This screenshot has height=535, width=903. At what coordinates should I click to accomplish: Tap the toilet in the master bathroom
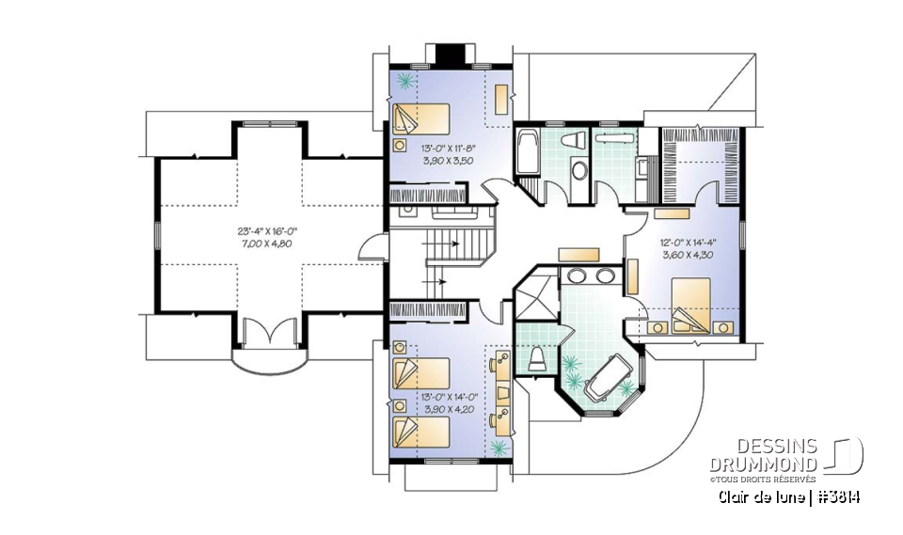537,358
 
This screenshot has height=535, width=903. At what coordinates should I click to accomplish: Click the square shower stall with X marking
533,299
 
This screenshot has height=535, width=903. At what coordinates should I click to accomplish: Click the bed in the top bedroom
421,120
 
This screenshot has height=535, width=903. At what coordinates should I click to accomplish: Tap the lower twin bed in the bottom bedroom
421,432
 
